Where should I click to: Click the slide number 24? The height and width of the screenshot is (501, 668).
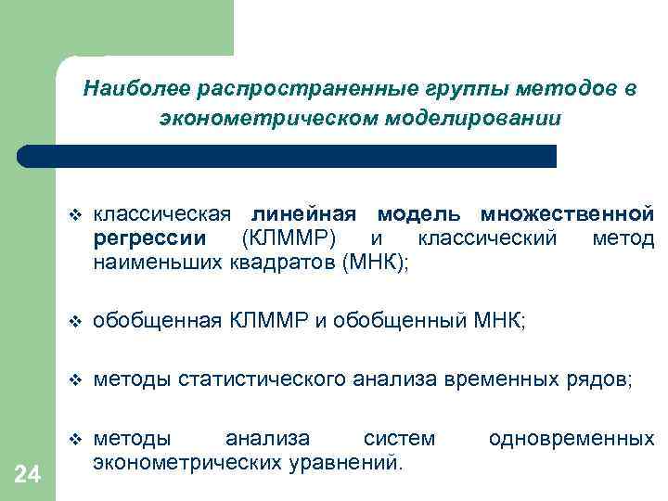click(28, 475)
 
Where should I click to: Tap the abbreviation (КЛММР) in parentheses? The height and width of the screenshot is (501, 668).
click(289, 238)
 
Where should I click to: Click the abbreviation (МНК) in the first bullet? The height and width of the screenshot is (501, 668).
click(374, 263)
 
